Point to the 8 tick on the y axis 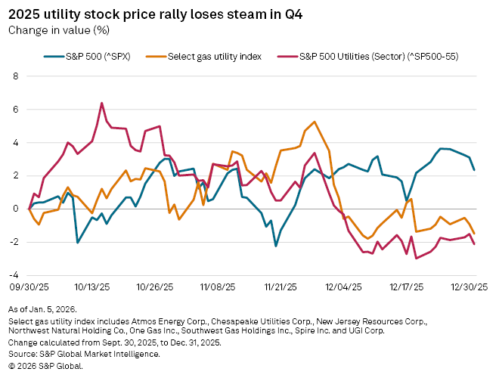pos(15,76)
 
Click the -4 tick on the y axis pos(14,275)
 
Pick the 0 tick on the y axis pos(15,209)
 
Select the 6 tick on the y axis pos(15,110)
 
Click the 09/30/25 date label pos(30,288)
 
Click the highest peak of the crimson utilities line pos(101,103)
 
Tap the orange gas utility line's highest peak pos(314,122)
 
